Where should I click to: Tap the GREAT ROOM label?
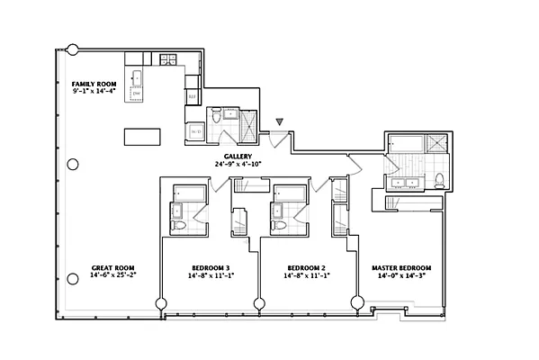click(x=112, y=267)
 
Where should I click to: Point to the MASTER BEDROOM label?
click(x=402, y=267)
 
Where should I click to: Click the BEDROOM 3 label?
click(x=211, y=267)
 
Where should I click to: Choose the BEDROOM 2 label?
click(x=306, y=267)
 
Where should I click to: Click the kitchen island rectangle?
click(x=142, y=137)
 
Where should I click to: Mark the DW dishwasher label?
click(x=136, y=93)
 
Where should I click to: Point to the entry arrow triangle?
click(x=281, y=120)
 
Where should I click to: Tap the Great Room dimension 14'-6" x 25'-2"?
click(x=112, y=276)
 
